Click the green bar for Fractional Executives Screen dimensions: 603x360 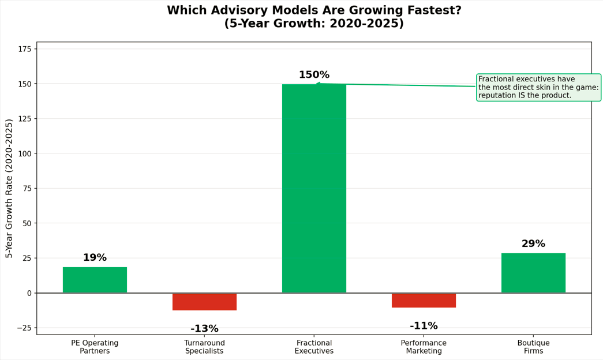pyautogui.click(x=314, y=189)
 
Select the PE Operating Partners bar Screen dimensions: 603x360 pyautogui.click(x=95, y=280)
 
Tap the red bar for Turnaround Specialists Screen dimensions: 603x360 pyautogui.click(x=204, y=302)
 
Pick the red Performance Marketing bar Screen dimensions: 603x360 pyautogui.click(x=424, y=301)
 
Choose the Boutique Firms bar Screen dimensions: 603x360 pyautogui.click(x=533, y=273)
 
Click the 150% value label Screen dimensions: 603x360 pyautogui.click(x=314, y=74)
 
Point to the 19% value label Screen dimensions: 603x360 pyautogui.click(x=95, y=257)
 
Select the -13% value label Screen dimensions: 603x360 pyautogui.click(x=204, y=328)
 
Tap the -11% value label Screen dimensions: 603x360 pyautogui.click(x=424, y=326)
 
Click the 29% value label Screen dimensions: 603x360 pyautogui.click(x=533, y=243)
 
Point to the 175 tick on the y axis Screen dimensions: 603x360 pyautogui.click(x=25, y=49)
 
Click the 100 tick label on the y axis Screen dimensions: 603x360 pyautogui.click(x=25, y=153)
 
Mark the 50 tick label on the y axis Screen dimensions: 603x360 pyautogui.click(x=27, y=223)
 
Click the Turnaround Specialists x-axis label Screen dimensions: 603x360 pyautogui.click(x=204, y=347)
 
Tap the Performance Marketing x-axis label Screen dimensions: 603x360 pyautogui.click(x=424, y=347)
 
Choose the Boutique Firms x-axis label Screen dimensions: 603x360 pyautogui.click(x=533, y=347)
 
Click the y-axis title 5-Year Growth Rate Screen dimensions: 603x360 pyautogui.click(x=9, y=189)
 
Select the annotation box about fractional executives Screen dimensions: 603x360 pyautogui.click(x=538, y=87)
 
